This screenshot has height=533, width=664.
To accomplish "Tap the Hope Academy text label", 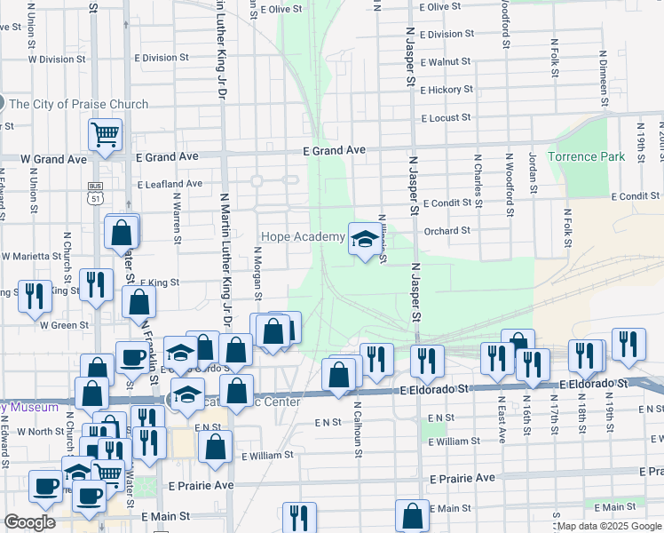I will tap(302, 237).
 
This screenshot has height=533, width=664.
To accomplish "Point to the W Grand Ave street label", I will tap(53, 159).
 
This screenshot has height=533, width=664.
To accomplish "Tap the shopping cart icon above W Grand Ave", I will tap(105, 135).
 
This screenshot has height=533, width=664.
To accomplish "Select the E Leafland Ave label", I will tap(170, 184).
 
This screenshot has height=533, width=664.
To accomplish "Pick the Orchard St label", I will tap(447, 231).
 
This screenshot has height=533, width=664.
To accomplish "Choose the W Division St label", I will tap(56, 60).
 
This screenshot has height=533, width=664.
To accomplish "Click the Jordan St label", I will tap(534, 176).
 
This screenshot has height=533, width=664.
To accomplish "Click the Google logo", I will tap(30, 521).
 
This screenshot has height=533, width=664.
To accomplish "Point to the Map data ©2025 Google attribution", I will tap(609, 526).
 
